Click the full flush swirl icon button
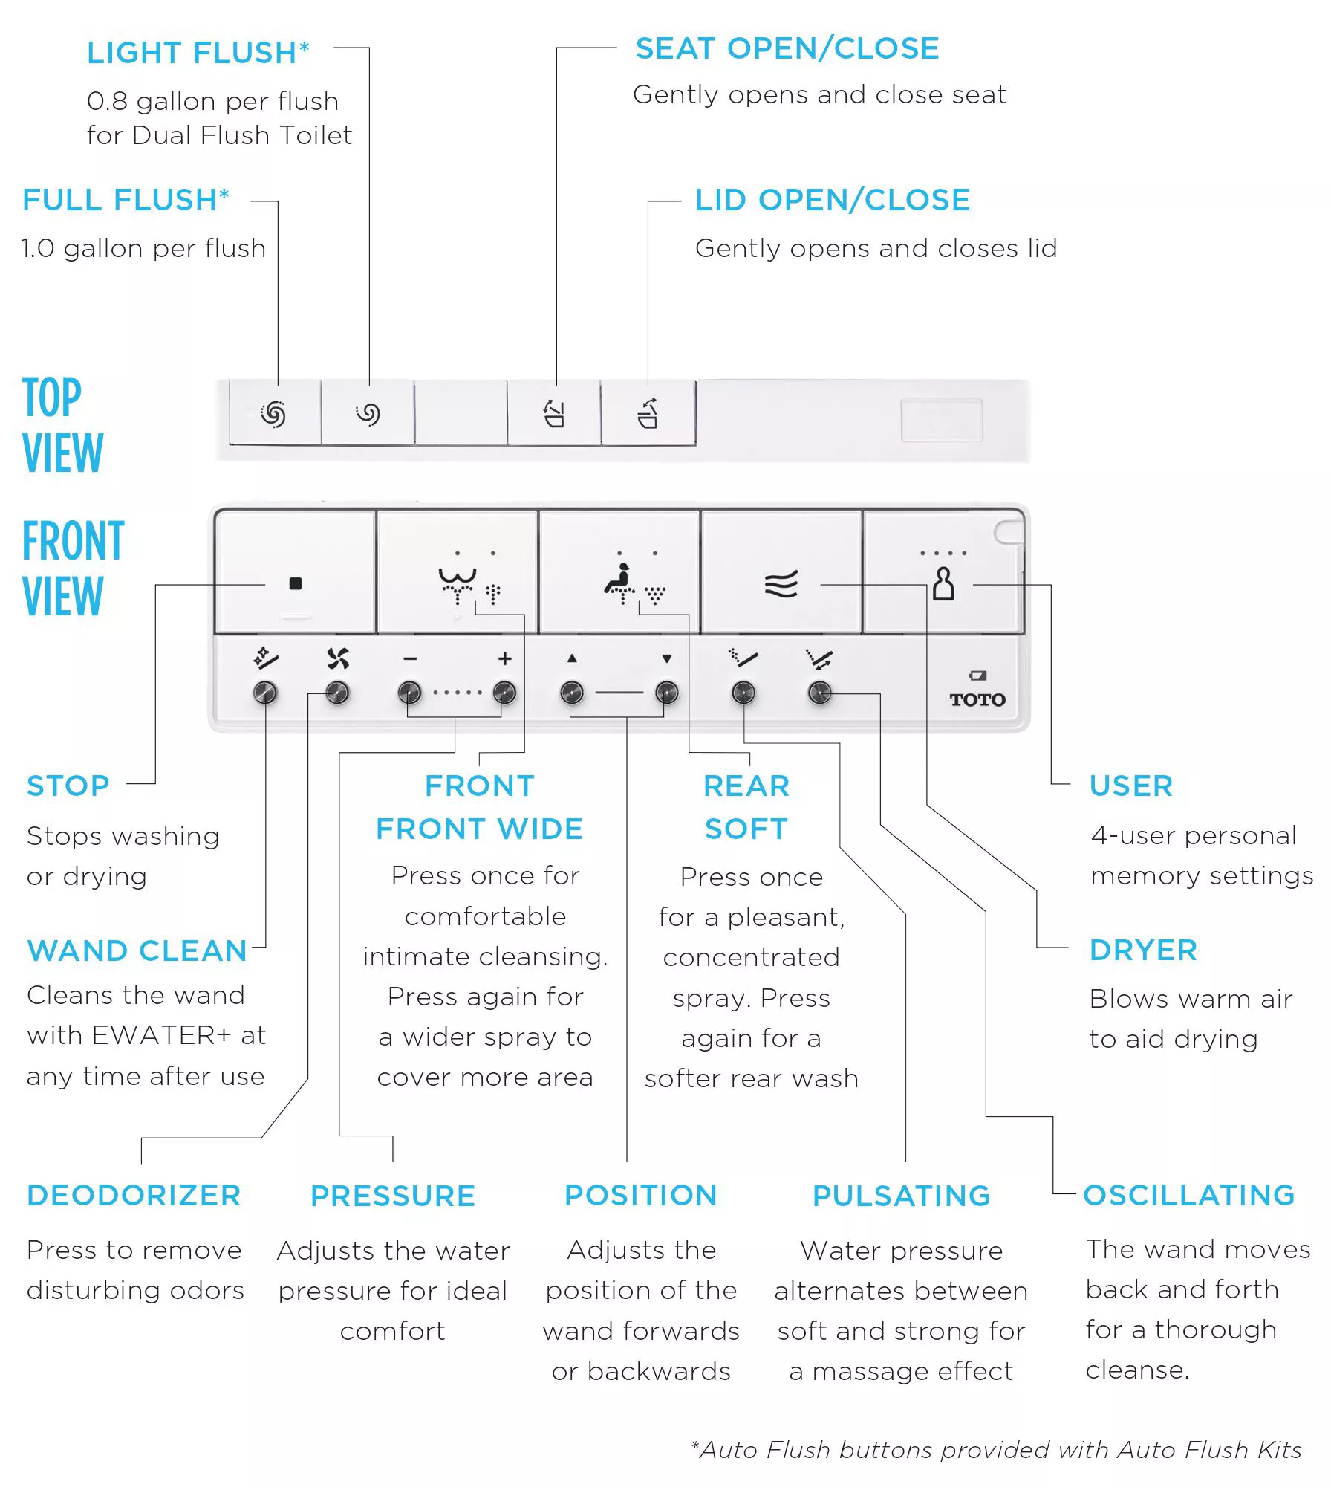pos(273,414)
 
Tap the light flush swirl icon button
pos(368,414)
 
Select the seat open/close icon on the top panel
pos(554,414)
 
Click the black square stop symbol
pos(295,583)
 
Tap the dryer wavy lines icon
pos(781,584)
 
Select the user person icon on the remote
pos(943,584)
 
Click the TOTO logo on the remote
pos(977,699)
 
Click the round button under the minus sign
pos(409,693)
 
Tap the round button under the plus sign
pos(505,693)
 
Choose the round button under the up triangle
pos(571,693)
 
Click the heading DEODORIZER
pos(134,1196)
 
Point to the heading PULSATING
pos(902,1196)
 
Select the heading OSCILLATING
pos(1189,1195)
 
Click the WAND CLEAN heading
pos(137,951)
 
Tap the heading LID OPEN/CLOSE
pos(833,200)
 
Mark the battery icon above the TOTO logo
pos(977,676)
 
